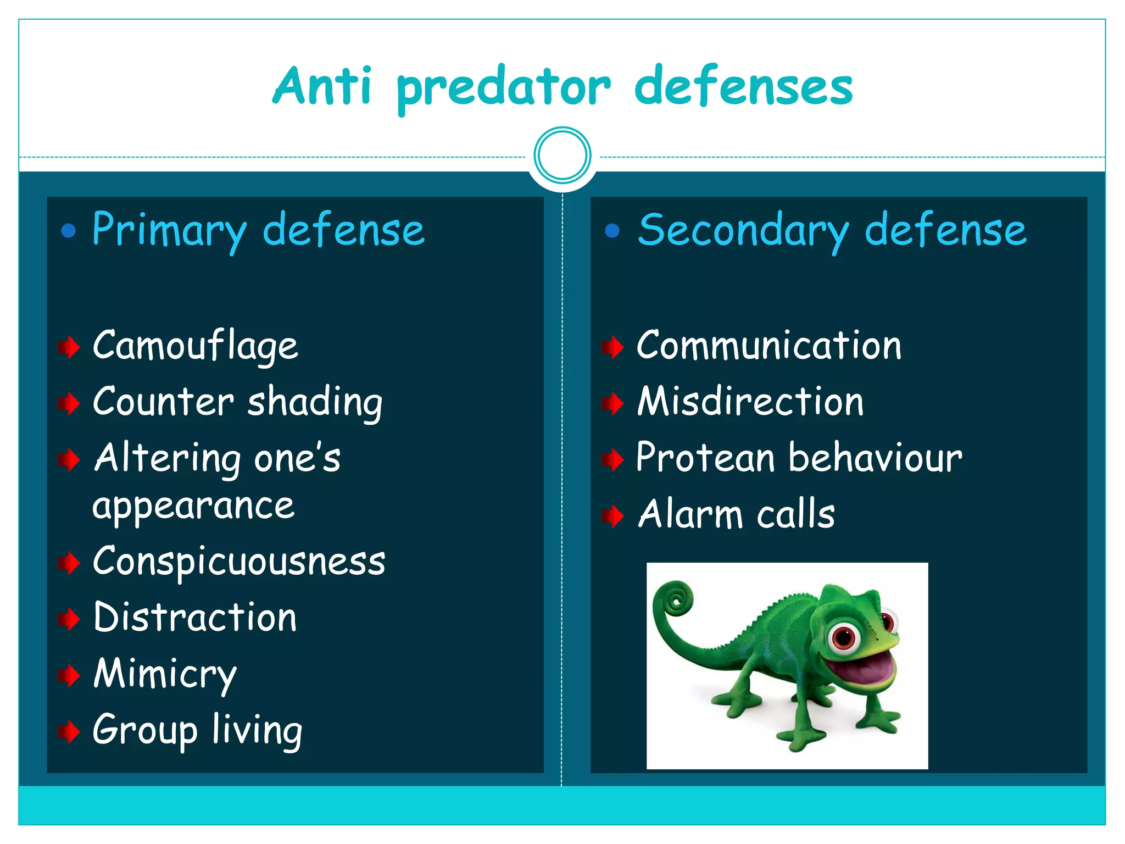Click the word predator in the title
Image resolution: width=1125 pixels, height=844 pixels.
click(x=503, y=88)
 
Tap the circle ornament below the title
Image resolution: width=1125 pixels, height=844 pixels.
click(x=562, y=156)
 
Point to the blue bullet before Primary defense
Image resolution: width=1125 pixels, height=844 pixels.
click(x=69, y=231)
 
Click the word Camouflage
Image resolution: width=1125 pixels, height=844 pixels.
click(x=195, y=347)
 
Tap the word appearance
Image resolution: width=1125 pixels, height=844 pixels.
click(x=193, y=507)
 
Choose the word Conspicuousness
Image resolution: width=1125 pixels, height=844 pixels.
click(x=239, y=562)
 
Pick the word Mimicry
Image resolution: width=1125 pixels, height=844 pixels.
click(x=165, y=674)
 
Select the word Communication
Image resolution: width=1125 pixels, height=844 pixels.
click(x=768, y=346)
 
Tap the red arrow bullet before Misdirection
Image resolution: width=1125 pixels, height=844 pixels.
click(x=612, y=403)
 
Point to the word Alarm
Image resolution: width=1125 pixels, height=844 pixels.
click(x=690, y=515)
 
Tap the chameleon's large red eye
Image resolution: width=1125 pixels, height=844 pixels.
click(x=843, y=637)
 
